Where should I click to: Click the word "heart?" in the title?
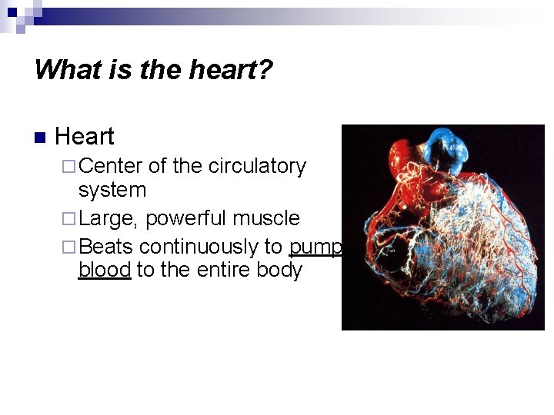pos(234,70)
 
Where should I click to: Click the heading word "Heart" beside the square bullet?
pos(85,137)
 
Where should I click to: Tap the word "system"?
pos(112,190)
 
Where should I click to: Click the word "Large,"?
pos(109,219)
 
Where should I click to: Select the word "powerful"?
pos(186,218)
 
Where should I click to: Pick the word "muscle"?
pos(266,218)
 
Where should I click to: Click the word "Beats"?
pos(106,247)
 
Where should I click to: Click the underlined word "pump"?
pos(315,247)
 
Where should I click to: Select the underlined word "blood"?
pos(105,271)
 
